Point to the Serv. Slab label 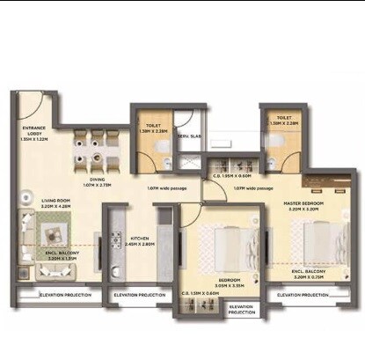coord(191,136)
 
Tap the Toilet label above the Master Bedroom coord(282,120)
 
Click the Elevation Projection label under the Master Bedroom coord(303,294)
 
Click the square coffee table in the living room coord(52,231)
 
